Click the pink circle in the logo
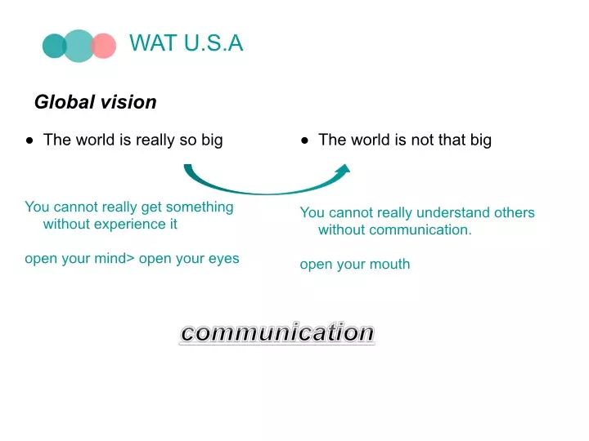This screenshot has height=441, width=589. [x=105, y=46]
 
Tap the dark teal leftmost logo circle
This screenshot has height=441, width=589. [x=54, y=46]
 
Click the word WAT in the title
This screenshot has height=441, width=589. [x=153, y=42]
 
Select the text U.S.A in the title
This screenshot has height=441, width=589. [x=214, y=42]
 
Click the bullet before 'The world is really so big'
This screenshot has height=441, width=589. [x=29, y=140]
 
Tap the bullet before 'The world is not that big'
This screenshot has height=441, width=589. [x=304, y=140]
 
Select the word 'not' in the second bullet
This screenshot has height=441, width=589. [x=423, y=140]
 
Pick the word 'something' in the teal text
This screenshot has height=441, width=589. [x=200, y=207]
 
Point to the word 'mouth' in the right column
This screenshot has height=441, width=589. [x=389, y=265]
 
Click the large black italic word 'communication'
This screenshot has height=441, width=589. [x=277, y=332]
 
